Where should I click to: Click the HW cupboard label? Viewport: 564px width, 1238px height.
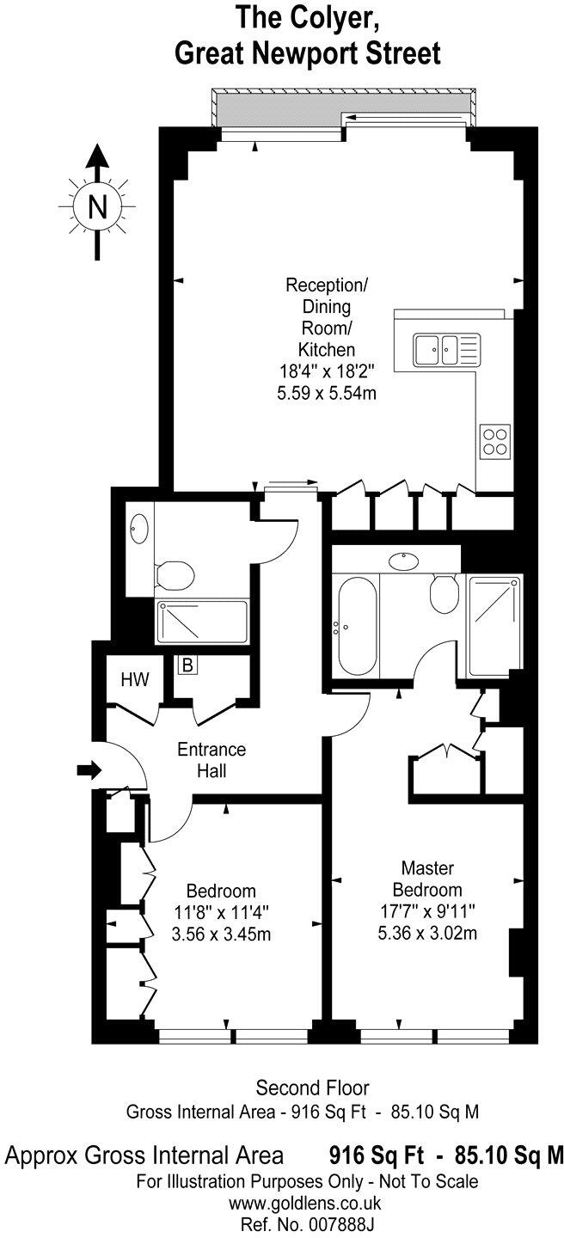134,680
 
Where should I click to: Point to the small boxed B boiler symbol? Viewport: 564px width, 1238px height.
186,665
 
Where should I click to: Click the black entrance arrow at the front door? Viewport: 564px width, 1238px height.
89,770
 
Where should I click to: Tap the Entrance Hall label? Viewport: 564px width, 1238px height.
211,760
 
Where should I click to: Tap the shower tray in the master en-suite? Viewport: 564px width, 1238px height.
494,624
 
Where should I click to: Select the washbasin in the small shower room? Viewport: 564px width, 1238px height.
140,527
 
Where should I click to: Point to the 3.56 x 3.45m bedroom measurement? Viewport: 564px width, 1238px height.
222,934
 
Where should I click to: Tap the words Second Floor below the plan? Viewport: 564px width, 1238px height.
301,1088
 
